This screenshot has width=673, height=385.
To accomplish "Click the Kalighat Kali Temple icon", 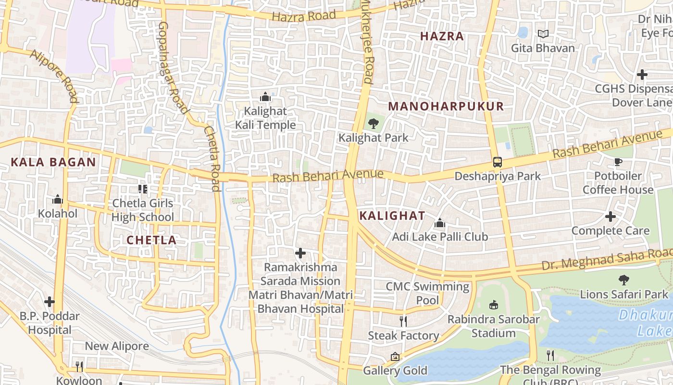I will coord(265,97).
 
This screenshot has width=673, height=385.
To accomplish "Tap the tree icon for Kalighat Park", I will coord(373,124).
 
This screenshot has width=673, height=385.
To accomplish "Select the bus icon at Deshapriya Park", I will coord(497,162).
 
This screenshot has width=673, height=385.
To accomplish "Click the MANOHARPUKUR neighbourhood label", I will coord(446,106).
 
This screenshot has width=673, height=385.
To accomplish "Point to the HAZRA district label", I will coord(442,36).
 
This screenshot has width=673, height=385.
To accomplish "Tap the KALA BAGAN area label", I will coord(53,162).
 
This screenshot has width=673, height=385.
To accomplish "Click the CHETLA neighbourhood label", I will coord(151,240).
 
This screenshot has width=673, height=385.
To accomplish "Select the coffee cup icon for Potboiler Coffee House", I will coord(618,162).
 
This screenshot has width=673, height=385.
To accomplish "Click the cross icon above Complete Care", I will coord(611,217).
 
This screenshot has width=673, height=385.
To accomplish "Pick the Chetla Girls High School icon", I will coord(143,189).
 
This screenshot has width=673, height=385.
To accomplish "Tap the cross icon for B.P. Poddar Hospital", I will coord(50,302).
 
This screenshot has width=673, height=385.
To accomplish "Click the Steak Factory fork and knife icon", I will coord(403,321).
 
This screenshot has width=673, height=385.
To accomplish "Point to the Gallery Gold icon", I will coord(395,357).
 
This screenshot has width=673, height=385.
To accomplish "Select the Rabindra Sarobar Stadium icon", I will coord(493,305).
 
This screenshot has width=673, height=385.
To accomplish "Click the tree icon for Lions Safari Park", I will coord(623,280).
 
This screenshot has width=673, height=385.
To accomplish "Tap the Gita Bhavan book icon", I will coord(543,34).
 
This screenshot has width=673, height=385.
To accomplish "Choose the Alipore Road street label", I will coord(54,76).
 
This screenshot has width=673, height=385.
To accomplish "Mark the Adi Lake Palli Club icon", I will coord(439,223).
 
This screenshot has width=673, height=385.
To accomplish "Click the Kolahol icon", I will coord(58,199).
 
